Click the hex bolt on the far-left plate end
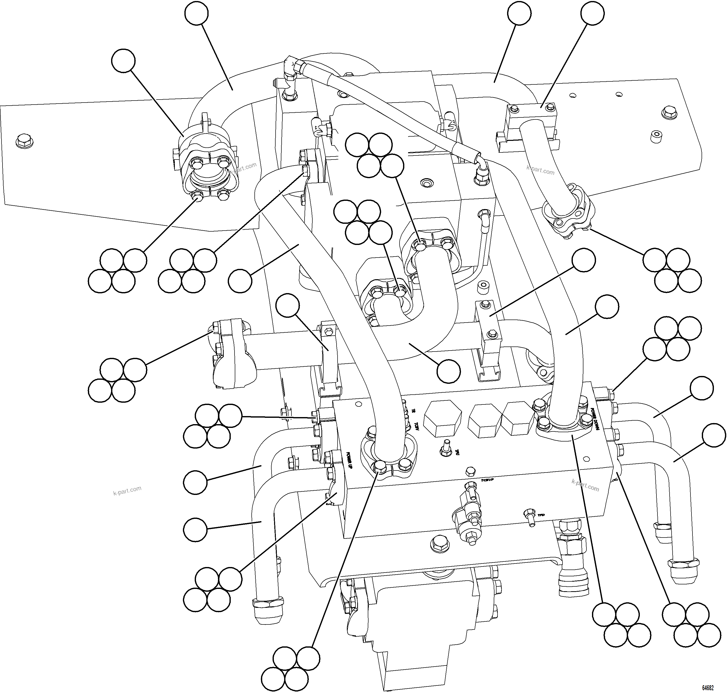(x=23, y=141)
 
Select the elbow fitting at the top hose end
(x=291, y=68)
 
